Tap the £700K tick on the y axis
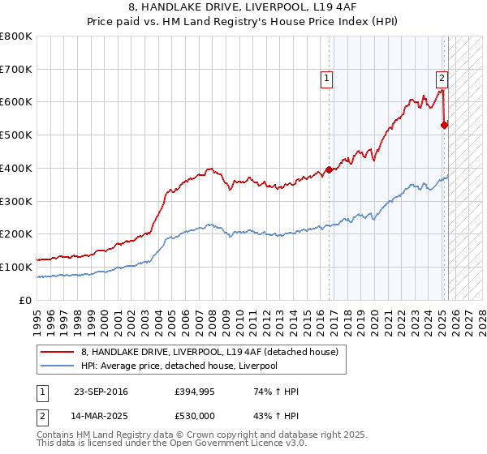[x=16, y=70]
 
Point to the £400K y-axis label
[x=16, y=169]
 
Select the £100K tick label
[x=16, y=267]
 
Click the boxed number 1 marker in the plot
[x=326, y=79]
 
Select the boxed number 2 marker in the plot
[x=442, y=79]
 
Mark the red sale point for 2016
[x=330, y=170]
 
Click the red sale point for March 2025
[x=444, y=126]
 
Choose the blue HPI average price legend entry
[x=179, y=366]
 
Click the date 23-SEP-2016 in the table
[x=100, y=392]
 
